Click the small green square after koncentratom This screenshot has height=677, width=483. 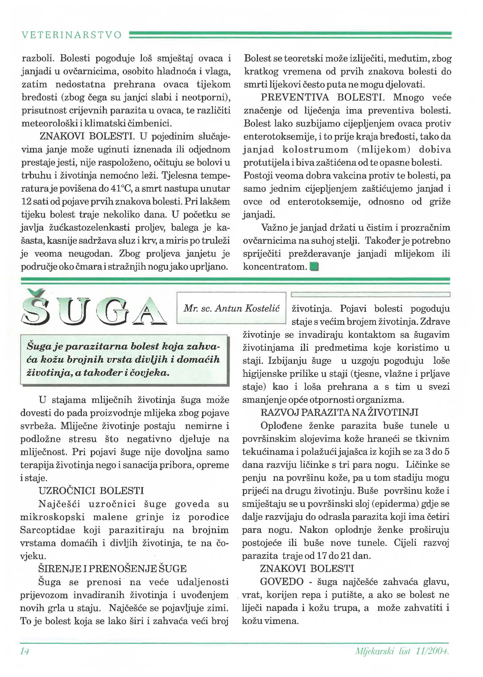314,266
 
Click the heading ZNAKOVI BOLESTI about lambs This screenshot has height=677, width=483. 86,137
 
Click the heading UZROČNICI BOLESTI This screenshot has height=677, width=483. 91,491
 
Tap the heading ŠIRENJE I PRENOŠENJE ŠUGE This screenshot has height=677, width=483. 113,569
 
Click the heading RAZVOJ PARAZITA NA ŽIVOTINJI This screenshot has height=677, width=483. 339,412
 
